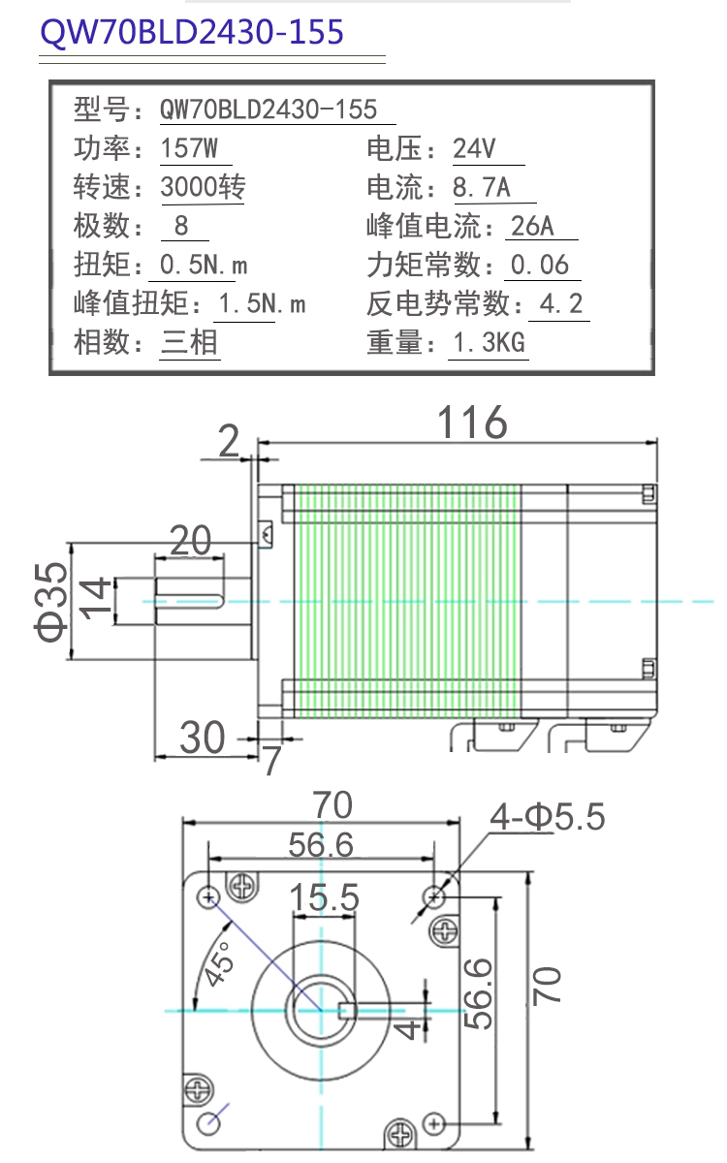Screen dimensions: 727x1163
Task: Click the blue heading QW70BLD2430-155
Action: tap(192, 32)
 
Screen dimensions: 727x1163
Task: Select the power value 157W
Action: tap(189, 148)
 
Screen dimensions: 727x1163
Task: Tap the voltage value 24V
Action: tap(474, 148)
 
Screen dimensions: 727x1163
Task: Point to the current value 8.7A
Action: tap(482, 187)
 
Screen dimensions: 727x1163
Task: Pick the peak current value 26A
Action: tap(532, 226)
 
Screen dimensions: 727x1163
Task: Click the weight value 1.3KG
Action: tap(489, 342)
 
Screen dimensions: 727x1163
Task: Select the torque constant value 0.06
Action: tap(540, 265)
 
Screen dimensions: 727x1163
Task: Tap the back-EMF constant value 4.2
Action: tap(561, 303)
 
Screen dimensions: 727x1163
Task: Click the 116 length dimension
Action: tap(472, 423)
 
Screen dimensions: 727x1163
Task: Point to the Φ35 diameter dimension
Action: tap(50, 602)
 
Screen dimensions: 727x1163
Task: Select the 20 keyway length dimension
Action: tap(191, 541)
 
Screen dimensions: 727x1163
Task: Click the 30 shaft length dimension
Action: tap(202, 738)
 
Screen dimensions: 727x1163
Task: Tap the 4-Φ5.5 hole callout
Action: tap(548, 817)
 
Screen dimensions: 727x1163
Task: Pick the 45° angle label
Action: tap(219, 963)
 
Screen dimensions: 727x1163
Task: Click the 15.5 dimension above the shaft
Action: tap(324, 897)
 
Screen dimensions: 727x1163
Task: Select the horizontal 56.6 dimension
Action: tap(321, 845)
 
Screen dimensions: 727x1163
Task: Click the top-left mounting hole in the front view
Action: tap(208, 896)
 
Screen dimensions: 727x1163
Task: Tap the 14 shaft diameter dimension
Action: tap(95, 599)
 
